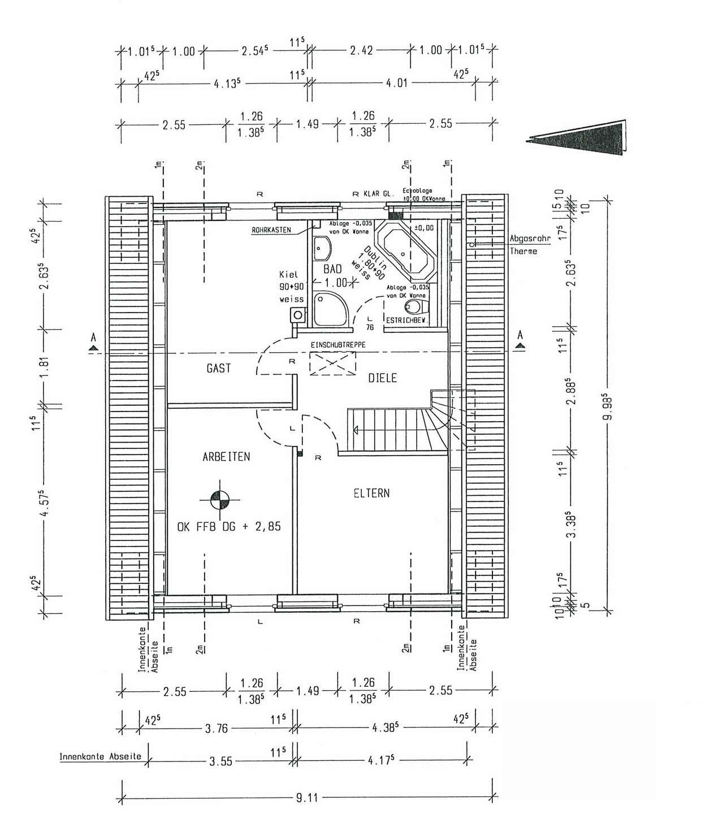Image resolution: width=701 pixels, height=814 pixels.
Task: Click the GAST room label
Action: click(218, 369)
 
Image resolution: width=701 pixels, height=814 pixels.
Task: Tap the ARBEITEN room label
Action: click(226, 457)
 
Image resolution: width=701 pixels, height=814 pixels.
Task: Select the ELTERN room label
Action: click(371, 493)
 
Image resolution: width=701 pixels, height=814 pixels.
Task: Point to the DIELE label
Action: click(382, 378)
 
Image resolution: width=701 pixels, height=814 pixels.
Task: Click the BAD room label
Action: click(333, 270)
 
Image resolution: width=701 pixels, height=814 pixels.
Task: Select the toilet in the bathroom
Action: click(414, 307)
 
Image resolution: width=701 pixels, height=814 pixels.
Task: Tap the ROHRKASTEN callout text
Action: click(272, 230)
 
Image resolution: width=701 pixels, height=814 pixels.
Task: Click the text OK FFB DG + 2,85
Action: click(229, 527)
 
